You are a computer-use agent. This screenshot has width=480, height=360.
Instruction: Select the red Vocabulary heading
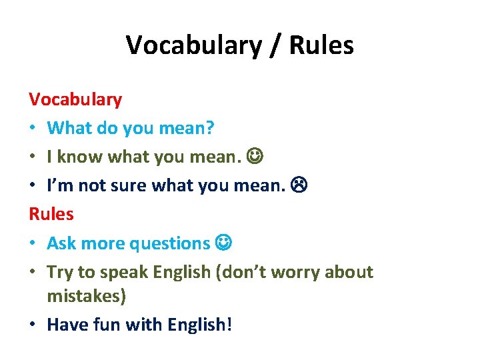point(75,100)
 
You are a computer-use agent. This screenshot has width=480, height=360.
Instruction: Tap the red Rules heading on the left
point(51,215)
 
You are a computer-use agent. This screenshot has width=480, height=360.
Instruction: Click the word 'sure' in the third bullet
point(128,186)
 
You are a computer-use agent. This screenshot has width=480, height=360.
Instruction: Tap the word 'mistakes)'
point(87,296)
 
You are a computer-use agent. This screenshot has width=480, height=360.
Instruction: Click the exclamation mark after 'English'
point(230,325)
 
